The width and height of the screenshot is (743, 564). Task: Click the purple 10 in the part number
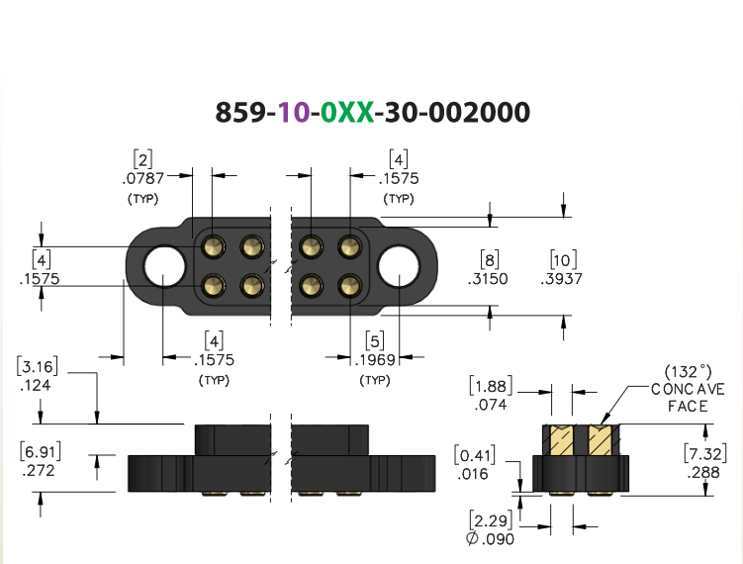tap(294, 113)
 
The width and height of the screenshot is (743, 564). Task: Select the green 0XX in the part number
tap(347, 113)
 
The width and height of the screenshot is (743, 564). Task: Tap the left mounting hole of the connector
tap(164, 266)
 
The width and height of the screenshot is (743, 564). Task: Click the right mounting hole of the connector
tap(399, 266)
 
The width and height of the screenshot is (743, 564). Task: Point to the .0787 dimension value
tap(143, 179)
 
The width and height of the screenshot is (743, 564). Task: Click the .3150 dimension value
tap(488, 279)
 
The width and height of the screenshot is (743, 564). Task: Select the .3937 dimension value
tap(562, 279)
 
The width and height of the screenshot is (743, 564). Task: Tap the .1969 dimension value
tap(375, 360)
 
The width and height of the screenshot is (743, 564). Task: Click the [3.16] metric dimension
tap(38, 366)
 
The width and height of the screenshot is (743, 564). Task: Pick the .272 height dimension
tap(39, 471)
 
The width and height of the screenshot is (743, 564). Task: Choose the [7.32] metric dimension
tap(705, 453)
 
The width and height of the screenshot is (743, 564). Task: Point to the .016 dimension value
tap(473, 474)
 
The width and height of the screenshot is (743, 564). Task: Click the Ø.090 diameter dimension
tap(491, 539)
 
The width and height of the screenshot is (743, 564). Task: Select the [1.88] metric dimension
tap(491, 386)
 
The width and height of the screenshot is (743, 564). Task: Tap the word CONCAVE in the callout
tap(688, 390)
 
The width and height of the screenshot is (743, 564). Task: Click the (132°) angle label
tap(688, 372)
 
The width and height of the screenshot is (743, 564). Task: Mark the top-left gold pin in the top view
tap(214, 246)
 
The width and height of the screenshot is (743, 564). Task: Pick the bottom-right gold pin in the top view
tap(349, 286)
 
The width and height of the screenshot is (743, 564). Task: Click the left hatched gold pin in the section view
tap(562, 440)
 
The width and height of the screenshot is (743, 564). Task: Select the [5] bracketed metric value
tap(375, 341)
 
